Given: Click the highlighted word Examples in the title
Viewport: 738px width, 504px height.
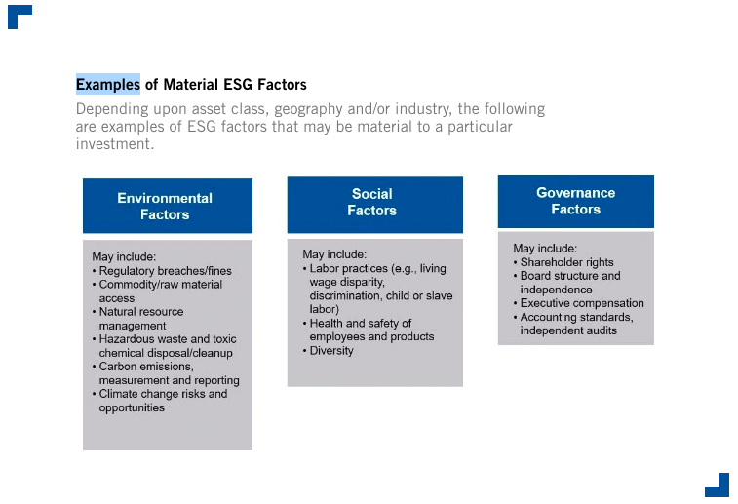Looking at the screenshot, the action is pyautogui.click(x=108, y=84).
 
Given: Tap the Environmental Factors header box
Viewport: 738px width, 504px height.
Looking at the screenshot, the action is pyautogui.click(x=168, y=206).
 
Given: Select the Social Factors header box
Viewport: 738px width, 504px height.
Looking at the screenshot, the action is pyautogui.click(x=375, y=205).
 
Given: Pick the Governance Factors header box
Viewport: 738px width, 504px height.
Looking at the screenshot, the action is pyautogui.click(x=575, y=202).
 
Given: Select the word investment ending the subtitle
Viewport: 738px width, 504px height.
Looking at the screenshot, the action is pyautogui.click(x=115, y=143).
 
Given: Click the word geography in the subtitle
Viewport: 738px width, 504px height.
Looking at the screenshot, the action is pyautogui.click(x=308, y=109).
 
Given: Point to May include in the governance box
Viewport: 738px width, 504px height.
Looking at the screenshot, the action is pyautogui.click(x=545, y=249).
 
